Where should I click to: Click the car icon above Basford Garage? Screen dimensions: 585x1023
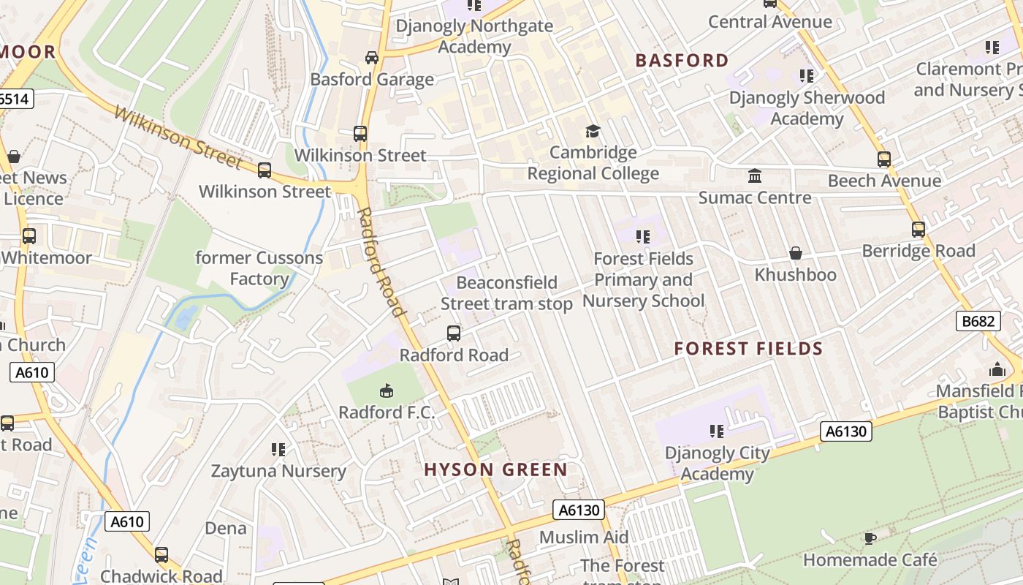click(371, 58)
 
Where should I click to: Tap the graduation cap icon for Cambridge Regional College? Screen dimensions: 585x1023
click(593, 131)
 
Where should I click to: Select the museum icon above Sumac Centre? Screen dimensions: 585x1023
click(754, 176)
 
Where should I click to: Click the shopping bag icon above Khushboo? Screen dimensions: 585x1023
click(796, 253)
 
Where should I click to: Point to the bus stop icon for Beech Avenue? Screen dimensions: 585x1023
click(884, 159)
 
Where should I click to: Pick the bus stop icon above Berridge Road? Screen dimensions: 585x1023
click(918, 230)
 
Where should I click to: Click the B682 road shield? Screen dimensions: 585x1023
click(977, 320)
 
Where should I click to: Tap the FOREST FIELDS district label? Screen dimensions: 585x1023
click(748, 349)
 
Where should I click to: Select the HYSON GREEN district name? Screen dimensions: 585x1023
click(495, 469)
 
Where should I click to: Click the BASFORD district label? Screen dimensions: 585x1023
click(682, 61)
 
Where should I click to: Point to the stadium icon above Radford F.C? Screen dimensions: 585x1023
click(387, 391)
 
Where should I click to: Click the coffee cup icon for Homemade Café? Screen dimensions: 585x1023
click(870, 539)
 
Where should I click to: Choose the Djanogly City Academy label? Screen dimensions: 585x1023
click(717, 464)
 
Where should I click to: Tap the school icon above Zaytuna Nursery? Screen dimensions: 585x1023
click(278, 449)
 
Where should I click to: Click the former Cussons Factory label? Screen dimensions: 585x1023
click(259, 268)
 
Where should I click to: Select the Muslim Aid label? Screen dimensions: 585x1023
click(583, 537)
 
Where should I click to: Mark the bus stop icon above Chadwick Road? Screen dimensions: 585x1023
click(161, 555)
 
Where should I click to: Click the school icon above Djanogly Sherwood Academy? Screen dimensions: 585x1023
click(806, 76)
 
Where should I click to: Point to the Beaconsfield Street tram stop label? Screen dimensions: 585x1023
click(506, 293)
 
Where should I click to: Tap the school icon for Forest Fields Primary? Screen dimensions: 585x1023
click(642, 237)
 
